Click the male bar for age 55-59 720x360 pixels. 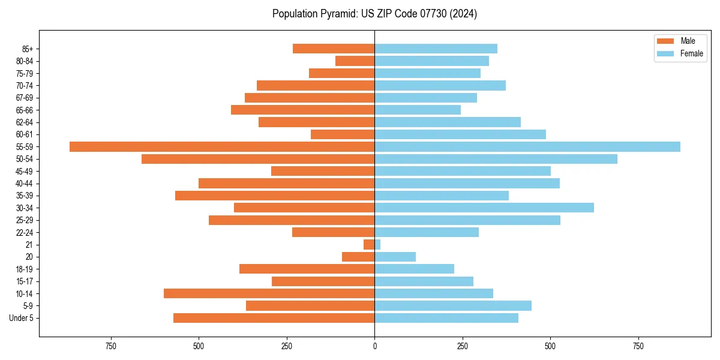222,146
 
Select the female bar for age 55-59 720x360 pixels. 527,146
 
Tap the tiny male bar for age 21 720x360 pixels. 369,244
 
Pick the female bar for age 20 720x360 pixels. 395,257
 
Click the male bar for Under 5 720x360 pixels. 274,318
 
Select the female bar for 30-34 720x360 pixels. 484,208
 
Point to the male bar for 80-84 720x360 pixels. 355,61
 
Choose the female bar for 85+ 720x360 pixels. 436,49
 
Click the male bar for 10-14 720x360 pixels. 269,293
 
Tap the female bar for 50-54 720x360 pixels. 496,159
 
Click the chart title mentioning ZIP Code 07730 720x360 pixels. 374,14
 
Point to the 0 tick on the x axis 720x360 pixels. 374,346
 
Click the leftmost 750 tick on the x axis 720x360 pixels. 110,346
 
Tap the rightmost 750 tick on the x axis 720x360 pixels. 638,346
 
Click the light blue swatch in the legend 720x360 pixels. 665,53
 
